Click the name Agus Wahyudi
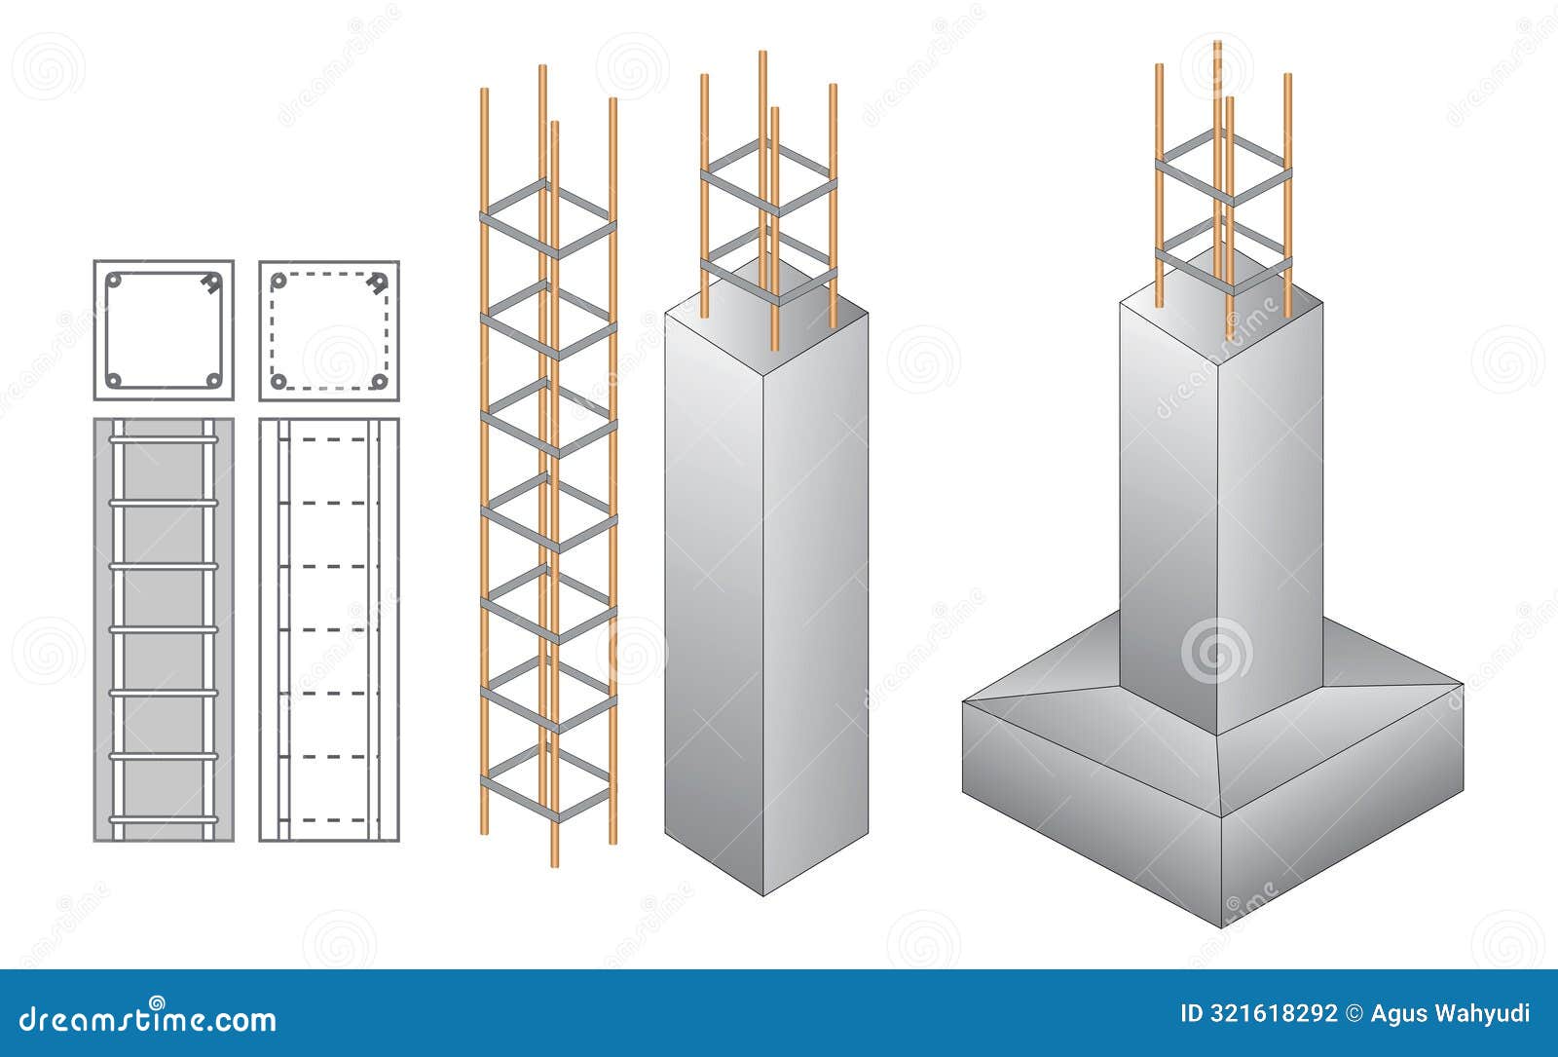click(1450, 1013)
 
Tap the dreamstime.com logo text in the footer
click(148, 1019)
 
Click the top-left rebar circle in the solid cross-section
click(114, 281)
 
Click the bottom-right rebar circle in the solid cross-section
click(213, 380)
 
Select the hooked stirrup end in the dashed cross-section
click(378, 283)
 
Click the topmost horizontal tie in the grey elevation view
click(164, 440)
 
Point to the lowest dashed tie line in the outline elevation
click(329, 819)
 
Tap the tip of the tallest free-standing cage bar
click(542, 68)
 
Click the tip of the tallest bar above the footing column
click(1217, 44)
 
